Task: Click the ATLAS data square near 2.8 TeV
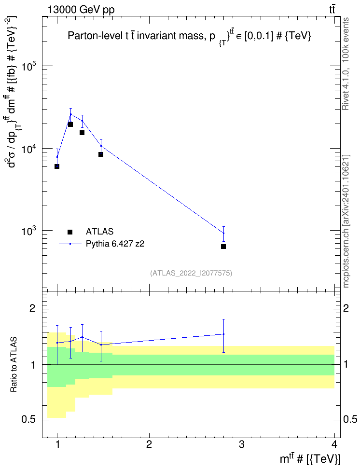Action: [x=223, y=247]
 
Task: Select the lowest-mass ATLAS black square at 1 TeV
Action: [x=57, y=166]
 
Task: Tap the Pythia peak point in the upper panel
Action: [x=70, y=114]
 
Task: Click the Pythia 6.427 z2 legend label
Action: [x=115, y=244]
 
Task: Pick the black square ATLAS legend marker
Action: [x=70, y=232]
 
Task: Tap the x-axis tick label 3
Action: [x=242, y=444]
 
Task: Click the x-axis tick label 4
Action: [x=334, y=444]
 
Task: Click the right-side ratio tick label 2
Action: [x=346, y=308]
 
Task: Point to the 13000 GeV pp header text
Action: [x=81, y=10]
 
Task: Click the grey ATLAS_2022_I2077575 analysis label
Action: [x=191, y=273]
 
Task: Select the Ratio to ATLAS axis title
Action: [x=13, y=364]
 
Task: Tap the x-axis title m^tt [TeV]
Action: [x=310, y=459]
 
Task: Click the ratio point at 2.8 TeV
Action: [x=223, y=334]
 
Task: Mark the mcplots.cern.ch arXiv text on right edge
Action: [x=346, y=221]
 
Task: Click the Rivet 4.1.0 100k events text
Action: [x=346, y=64]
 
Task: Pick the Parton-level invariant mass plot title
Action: [x=190, y=36]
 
